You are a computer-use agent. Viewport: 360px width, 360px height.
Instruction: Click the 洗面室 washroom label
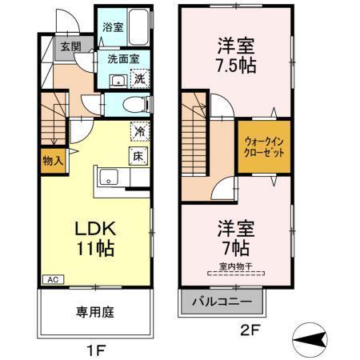point(123,58)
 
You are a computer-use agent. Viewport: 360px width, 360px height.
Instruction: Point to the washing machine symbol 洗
point(140,78)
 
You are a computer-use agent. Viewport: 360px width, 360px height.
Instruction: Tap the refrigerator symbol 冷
point(140,130)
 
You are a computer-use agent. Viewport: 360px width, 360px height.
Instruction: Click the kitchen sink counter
point(109,178)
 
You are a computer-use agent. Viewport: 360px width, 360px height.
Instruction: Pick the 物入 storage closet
point(52,160)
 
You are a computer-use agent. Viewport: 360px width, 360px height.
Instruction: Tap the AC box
point(50,280)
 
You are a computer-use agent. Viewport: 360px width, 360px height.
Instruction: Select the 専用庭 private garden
point(94,312)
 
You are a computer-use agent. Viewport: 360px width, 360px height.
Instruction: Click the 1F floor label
point(94,349)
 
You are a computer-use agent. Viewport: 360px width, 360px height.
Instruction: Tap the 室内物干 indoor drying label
point(235,267)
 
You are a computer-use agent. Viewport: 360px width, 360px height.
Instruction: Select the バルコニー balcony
point(221,303)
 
